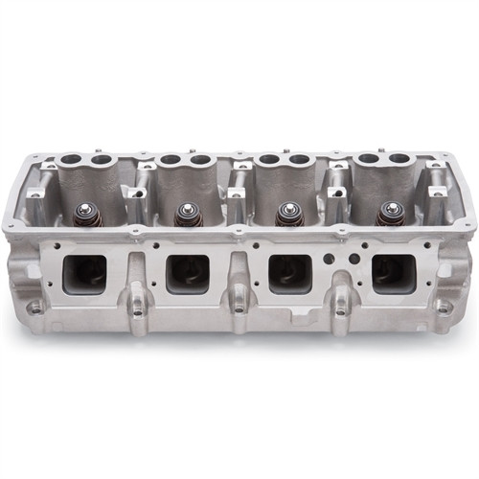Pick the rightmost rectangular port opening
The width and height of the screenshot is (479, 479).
pos(393,274)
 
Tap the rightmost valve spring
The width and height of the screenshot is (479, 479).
pos(388,214)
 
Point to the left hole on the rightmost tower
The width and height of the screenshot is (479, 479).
pos(370,157)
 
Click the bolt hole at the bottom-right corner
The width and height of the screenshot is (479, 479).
pos(444,307)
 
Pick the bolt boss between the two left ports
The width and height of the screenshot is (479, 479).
pos(137,309)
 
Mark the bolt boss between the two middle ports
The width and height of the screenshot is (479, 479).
pos(239,309)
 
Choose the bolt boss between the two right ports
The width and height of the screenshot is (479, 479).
pos(340,309)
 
